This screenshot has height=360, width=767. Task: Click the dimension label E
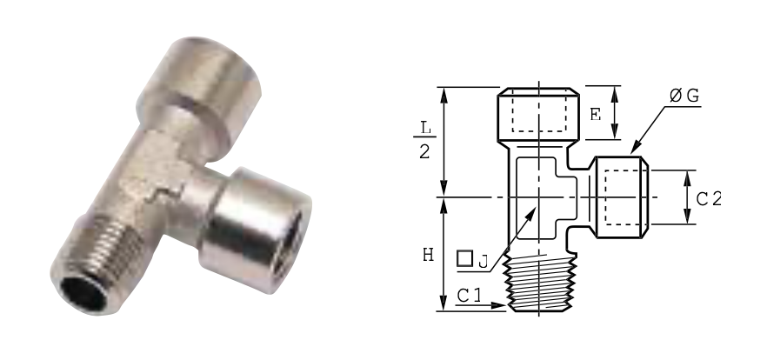[x=595, y=115]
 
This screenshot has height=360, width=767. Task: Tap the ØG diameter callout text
[x=685, y=96]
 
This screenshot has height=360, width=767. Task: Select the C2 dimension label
[x=709, y=199]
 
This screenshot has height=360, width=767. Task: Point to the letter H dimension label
[x=428, y=255]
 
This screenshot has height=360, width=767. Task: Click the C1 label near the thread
[x=470, y=295]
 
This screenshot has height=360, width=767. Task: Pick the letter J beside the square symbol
[x=484, y=263]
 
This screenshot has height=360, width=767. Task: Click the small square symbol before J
[x=464, y=258]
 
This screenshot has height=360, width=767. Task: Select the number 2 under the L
[x=424, y=152]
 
